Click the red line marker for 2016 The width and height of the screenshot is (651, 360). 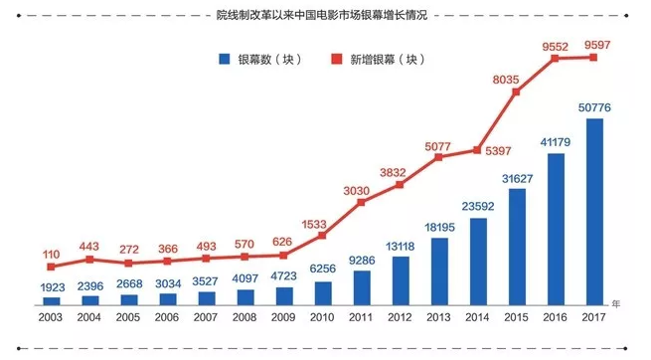tap(556, 59)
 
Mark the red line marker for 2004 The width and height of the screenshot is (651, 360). tap(90, 259)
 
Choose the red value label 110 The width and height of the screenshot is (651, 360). tap(52, 254)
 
